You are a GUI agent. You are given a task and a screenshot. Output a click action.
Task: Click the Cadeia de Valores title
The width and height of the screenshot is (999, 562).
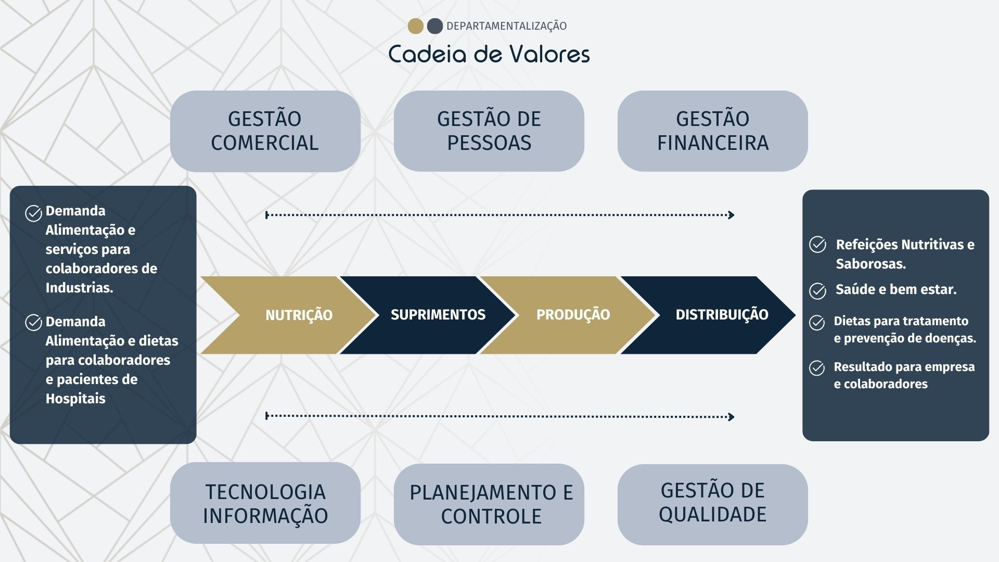[x=489, y=54]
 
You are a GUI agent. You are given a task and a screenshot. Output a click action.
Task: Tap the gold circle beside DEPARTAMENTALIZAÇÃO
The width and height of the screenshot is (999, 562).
[x=415, y=26]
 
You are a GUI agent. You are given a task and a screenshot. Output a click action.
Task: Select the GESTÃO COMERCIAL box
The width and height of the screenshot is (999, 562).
[x=265, y=131]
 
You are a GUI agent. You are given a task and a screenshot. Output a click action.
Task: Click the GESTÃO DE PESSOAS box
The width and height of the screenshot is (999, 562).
[x=489, y=131]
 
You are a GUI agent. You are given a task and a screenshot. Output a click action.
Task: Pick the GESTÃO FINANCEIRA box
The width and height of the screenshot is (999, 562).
[x=712, y=131]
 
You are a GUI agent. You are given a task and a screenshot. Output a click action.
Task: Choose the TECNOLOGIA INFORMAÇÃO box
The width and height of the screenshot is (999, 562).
[x=265, y=503]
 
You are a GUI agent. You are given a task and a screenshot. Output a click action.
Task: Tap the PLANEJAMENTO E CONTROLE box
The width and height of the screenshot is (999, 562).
[x=489, y=504]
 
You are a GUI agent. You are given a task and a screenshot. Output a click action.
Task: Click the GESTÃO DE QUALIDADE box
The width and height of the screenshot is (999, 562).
[x=712, y=503]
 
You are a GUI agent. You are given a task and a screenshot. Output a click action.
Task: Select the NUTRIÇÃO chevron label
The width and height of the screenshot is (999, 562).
[x=299, y=315]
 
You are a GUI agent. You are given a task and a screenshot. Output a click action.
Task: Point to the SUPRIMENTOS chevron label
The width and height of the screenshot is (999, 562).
[x=438, y=314]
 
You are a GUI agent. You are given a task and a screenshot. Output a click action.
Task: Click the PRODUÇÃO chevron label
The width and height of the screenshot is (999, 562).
[x=573, y=314]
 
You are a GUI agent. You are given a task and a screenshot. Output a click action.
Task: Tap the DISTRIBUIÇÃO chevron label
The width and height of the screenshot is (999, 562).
[x=722, y=314]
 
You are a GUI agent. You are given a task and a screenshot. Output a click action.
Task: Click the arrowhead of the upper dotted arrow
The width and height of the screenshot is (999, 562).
[x=731, y=215]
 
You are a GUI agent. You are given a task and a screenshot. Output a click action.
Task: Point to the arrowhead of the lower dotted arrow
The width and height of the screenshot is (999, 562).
[x=731, y=416]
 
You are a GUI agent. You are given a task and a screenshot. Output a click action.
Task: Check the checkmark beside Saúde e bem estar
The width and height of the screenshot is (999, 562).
[x=817, y=291]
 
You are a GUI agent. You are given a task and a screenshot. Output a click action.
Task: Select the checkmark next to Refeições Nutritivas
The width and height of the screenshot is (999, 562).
[x=817, y=245]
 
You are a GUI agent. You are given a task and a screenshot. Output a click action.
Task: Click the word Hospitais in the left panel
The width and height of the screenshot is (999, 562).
[x=75, y=399]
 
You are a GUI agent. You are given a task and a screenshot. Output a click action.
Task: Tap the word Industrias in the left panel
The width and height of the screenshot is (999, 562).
[x=79, y=287]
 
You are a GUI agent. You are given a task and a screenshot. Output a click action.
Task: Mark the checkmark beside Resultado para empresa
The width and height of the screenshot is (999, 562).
[x=817, y=368]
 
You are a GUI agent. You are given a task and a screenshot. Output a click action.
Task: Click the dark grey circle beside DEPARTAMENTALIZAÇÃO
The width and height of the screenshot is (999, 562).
[x=434, y=26]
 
